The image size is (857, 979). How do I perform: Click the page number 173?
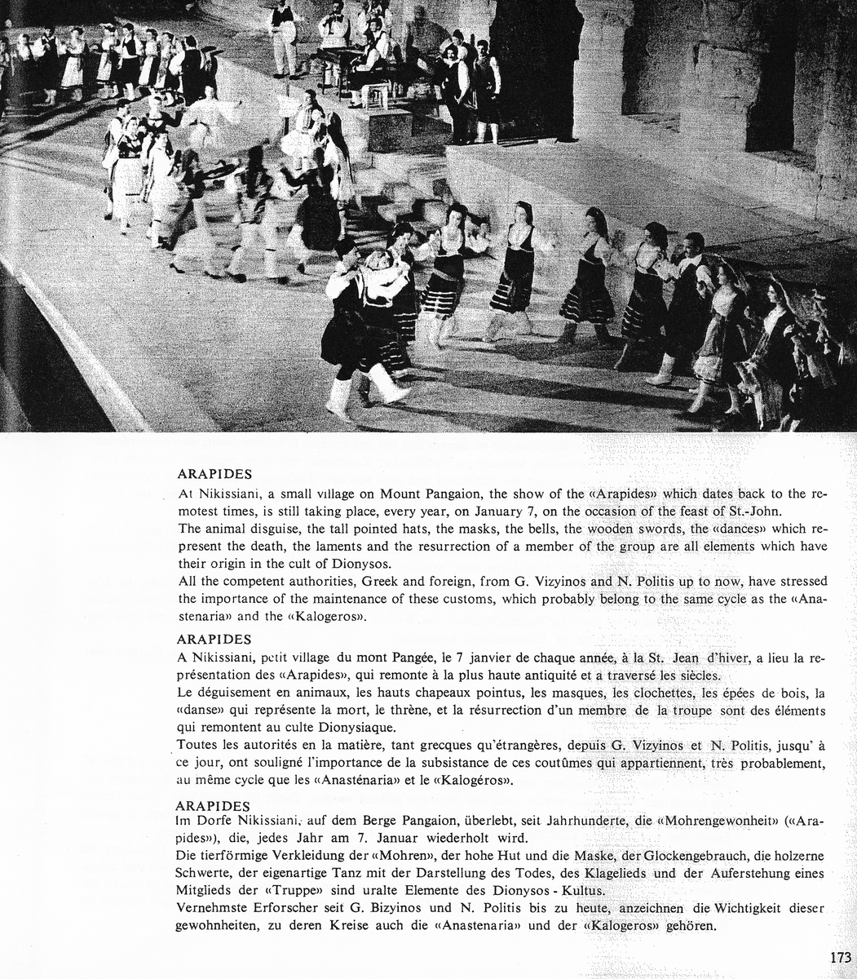pyautogui.click(x=841, y=957)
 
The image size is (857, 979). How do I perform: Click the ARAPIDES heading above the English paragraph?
pyautogui.click(x=214, y=474)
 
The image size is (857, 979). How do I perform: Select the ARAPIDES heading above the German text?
pyautogui.click(x=213, y=806)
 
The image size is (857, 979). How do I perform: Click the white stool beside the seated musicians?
pyautogui.click(x=376, y=95)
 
